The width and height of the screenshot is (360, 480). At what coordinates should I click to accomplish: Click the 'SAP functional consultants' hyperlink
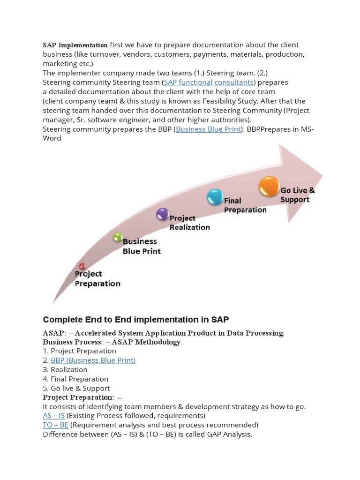(x=209, y=82)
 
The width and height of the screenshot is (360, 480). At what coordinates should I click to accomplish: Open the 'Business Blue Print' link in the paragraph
(x=208, y=129)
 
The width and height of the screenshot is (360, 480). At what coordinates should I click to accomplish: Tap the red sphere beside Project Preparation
(x=82, y=266)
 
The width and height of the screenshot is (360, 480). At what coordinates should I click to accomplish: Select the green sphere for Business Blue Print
(x=118, y=237)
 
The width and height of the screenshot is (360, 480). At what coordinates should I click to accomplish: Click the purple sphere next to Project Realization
(x=162, y=214)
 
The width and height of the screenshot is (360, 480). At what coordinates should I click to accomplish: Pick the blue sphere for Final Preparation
(x=215, y=197)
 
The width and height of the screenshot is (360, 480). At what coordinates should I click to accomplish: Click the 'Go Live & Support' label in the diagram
(x=297, y=195)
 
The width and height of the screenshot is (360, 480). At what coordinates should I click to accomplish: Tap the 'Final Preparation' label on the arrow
(x=245, y=205)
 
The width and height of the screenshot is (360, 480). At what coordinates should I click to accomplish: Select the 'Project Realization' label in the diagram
(x=189, y=223)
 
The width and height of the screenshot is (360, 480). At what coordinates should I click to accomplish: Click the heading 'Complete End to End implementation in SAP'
(x=136, y=320)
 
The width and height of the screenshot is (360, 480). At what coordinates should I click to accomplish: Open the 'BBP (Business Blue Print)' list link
(x=93, y=360)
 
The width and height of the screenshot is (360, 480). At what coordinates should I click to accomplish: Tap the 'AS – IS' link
(x=54, y=416)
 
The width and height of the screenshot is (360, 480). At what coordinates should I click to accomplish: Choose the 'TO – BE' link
(x=56, y=425)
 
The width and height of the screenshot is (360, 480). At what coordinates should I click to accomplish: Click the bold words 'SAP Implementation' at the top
(x=75, y=45)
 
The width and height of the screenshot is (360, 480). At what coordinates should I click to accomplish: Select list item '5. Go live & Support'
(x=76, y=388)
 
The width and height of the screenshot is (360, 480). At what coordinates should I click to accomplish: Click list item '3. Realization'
(x=65, y=369)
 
